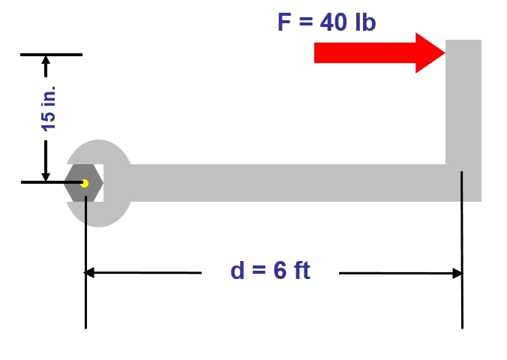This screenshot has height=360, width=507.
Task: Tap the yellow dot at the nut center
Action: [85, 183]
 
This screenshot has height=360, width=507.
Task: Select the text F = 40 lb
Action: [326, 22]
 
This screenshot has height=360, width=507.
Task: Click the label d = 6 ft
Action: [270, 271]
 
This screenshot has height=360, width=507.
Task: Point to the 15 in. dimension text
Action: [49, 109]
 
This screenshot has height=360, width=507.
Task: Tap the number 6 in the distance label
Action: [280, 271]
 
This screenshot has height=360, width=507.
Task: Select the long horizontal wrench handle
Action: [285, 183]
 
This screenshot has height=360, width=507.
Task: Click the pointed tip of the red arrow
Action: [444, 52]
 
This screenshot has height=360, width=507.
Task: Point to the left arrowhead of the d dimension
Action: [91, 273]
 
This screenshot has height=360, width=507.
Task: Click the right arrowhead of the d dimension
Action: [455, 273]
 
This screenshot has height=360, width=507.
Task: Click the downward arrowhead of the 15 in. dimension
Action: [46, 174]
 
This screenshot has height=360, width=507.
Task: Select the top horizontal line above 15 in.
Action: [51, 55]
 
